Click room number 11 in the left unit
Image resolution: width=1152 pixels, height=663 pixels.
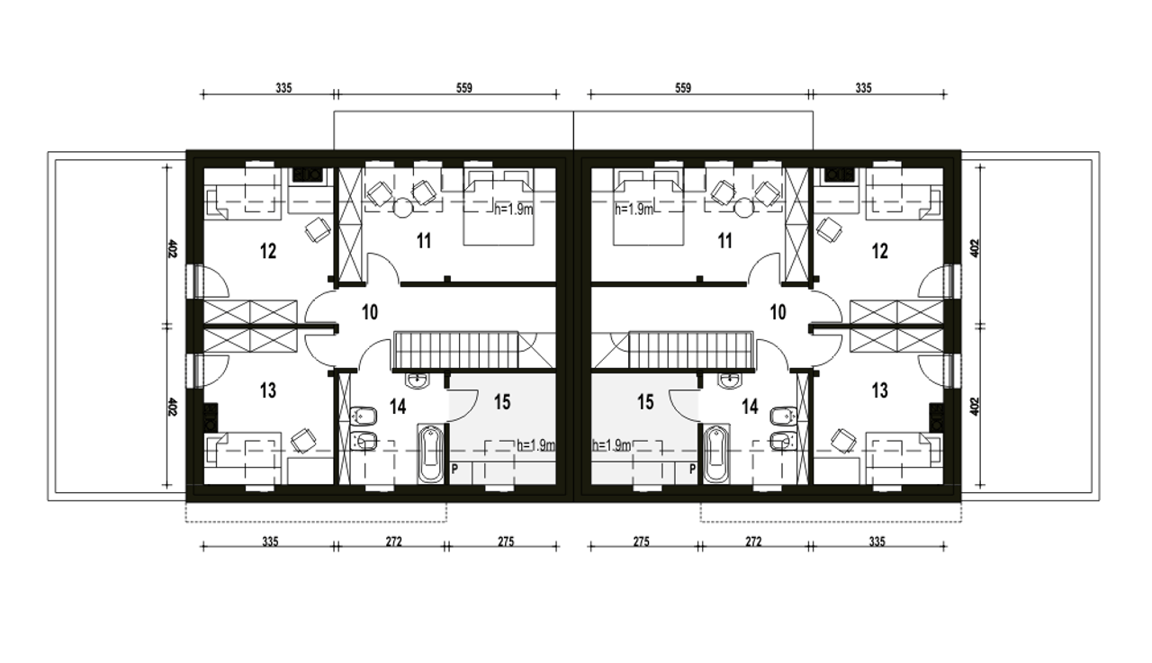(424, 240)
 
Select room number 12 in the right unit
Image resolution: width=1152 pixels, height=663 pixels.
(880, 251)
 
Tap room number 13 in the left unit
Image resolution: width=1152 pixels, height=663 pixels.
(268, 390)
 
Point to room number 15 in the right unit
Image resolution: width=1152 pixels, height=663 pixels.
(645, 402)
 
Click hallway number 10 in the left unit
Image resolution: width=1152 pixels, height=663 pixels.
(370, 312)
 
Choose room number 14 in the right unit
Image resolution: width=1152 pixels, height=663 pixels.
(750, 407)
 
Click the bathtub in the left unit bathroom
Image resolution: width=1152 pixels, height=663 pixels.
(430, 453)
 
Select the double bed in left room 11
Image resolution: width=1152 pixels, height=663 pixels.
(499, 206)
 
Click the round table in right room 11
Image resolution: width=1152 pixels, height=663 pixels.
(744, 208)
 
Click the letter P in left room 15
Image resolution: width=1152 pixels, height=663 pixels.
(454, 469)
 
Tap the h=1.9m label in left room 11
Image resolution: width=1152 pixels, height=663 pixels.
(514, 210)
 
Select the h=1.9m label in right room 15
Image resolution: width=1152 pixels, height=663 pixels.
(611, 445)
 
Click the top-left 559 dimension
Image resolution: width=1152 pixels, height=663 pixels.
(463, 88)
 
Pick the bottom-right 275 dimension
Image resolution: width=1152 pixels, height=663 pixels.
(642, 542)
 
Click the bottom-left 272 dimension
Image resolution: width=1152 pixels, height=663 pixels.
(393, 542)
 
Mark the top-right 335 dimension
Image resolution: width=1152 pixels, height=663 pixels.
(863, 88)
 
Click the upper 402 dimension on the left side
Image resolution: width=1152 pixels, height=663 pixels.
(172, 249)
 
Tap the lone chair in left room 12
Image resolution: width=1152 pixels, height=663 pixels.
(318, 229)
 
